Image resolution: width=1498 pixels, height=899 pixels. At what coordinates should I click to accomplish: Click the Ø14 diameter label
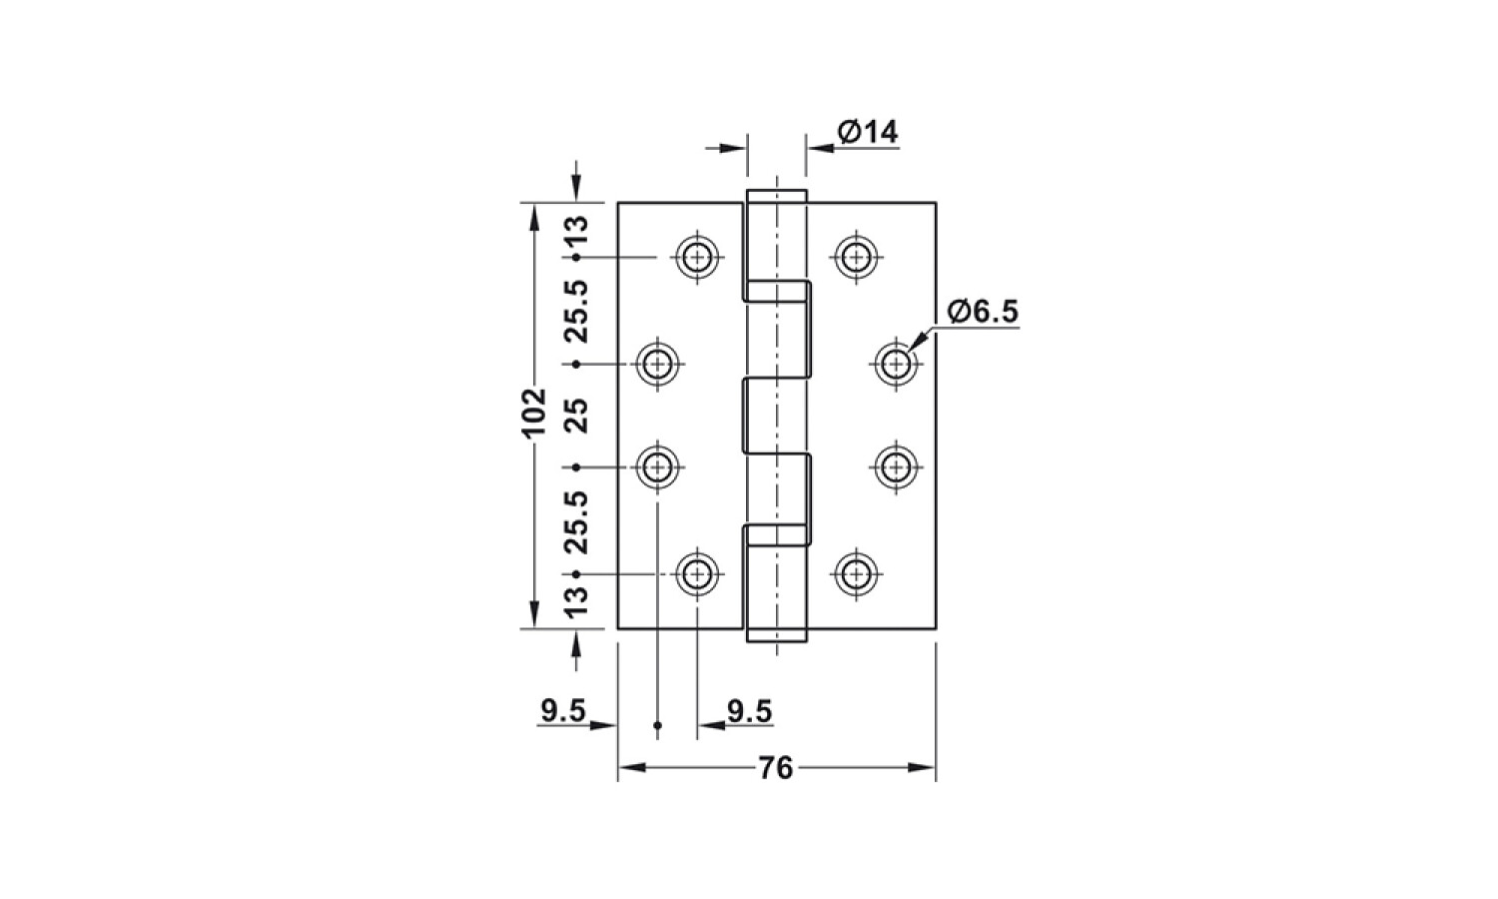(868, 132)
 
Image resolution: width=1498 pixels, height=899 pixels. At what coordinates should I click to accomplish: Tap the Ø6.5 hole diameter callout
(983, 312)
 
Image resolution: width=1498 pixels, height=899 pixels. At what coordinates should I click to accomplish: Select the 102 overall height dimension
(533, 412)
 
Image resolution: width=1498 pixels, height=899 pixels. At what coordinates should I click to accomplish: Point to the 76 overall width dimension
(776, 768)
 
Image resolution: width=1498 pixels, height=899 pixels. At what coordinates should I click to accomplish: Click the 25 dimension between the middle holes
(577, 416)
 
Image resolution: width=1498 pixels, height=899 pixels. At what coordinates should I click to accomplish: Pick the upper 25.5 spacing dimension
(577, 312)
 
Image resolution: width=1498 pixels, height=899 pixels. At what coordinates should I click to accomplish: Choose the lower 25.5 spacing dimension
(577, 522)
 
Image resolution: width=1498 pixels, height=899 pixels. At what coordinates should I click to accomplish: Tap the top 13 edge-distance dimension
(577, 231)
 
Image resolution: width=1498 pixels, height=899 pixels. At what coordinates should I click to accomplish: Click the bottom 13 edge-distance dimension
(577, 600)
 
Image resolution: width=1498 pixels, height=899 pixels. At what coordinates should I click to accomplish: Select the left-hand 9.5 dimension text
(563, 710)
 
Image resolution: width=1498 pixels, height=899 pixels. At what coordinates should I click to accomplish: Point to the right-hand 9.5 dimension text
(750, 711)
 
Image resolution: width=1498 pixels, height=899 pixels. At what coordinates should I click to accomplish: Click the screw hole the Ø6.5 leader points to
(896, 365)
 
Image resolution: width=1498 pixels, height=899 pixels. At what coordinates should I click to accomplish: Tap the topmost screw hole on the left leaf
(697, 257)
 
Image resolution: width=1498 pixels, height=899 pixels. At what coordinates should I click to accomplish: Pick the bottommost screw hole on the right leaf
(856, 574)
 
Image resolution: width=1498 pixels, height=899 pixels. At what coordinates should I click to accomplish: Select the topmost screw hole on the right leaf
(856, 257)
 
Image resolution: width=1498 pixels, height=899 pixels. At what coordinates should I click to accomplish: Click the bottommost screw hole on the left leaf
(697, 574)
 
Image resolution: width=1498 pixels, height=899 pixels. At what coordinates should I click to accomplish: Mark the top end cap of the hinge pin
(776, 196)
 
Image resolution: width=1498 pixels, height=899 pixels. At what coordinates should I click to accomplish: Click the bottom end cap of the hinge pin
(776, 635)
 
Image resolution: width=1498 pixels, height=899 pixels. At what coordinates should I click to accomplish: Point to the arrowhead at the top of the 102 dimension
(533, 218)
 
